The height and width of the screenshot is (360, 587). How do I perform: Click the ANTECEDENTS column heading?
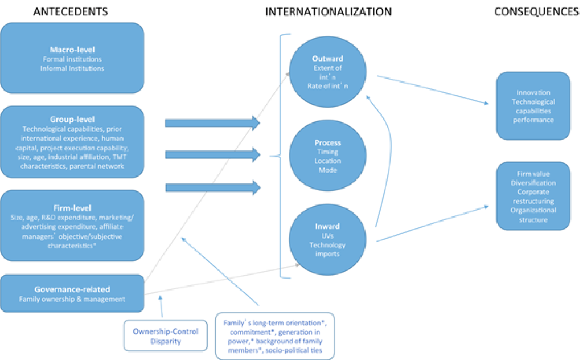click(70, 11)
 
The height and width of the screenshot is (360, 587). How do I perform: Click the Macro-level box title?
click(72, 50)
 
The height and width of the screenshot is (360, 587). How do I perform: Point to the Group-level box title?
click(72, 119)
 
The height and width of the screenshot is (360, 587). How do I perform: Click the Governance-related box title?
click(72, 289)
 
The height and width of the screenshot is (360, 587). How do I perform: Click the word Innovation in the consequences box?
click(533, 92)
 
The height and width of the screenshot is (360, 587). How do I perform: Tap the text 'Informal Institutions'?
click(72, 68)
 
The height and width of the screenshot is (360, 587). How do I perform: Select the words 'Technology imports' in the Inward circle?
click(327, 249)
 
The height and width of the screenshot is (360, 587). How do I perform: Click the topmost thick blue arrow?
click(211, 122)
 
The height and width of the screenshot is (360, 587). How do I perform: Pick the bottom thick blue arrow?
click(211, 187)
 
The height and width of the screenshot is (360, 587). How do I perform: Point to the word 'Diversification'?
click(533, 183)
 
